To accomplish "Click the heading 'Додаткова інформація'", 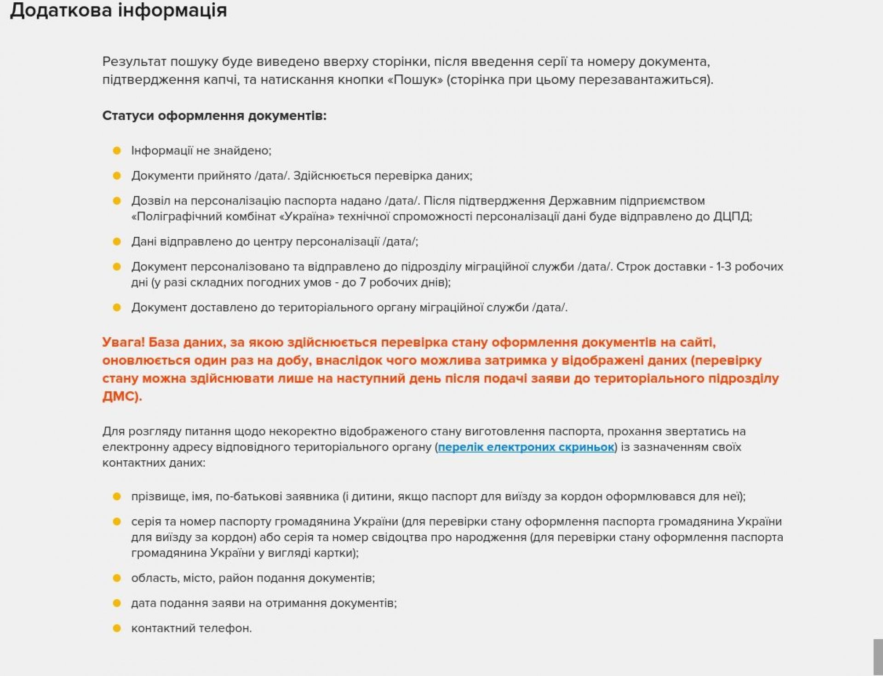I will tap(118, 10).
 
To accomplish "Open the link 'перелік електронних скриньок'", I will tap(526, 447).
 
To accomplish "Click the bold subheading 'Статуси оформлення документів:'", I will tap(214, 115).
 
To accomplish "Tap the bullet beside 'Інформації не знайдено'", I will tap(117, 150).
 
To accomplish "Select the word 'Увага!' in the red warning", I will tap(123, 343).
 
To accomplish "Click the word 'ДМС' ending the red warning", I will tap(120, 396).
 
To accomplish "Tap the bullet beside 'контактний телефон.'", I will tap(117, 628).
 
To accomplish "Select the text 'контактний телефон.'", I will tap(191, 628).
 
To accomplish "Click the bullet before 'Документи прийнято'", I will tap(117, 176).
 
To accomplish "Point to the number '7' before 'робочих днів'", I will tap(362, 282).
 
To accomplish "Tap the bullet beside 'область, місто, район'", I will tap(117, 578).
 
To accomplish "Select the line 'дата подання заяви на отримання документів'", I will tap(264, 603).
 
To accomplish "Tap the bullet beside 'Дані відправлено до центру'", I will tap(117, 241).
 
